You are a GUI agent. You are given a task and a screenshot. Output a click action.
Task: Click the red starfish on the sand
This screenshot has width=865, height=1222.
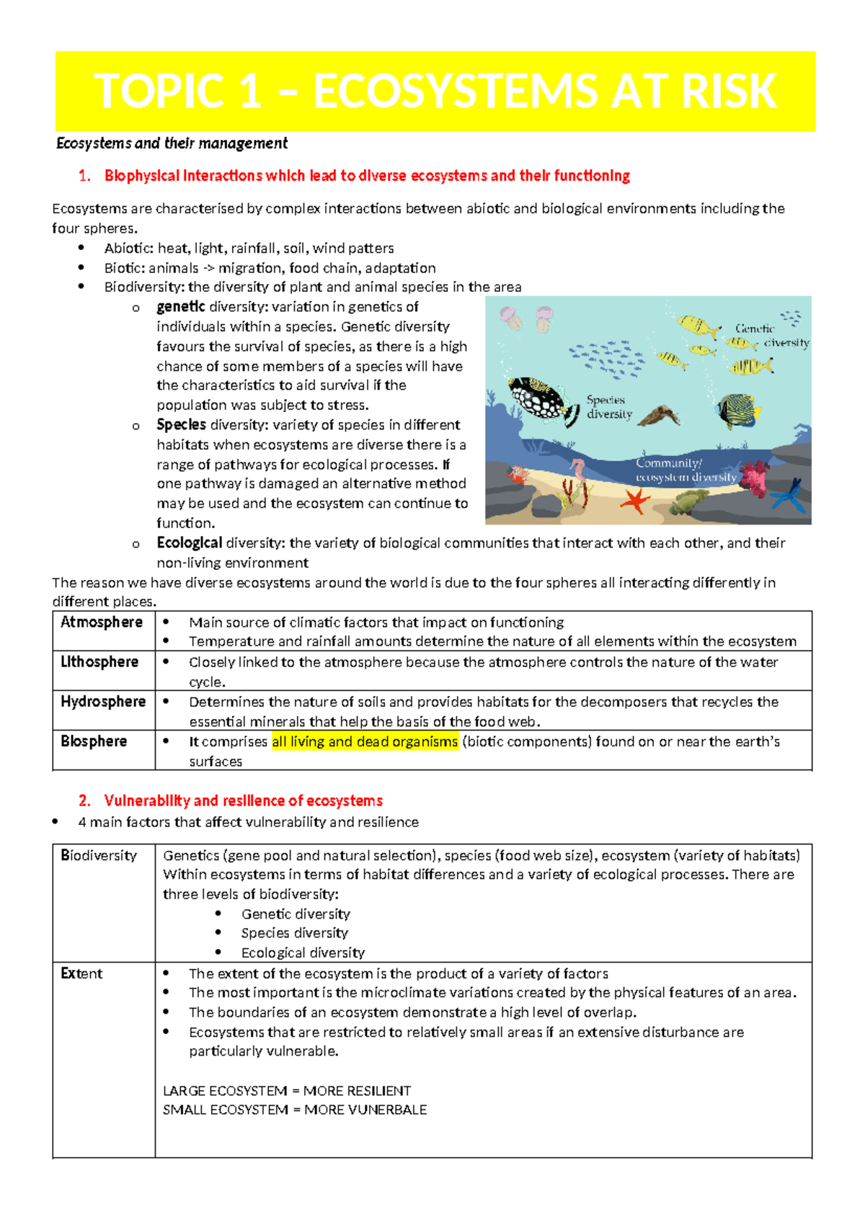point(635,499)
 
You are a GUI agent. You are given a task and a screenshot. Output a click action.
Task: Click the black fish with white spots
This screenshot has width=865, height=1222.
point(542,398)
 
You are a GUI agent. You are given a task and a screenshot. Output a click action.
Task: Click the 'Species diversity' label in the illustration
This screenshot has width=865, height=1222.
point(608,407)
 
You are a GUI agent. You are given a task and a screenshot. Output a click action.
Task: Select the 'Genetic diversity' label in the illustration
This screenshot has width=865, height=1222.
point(770,335)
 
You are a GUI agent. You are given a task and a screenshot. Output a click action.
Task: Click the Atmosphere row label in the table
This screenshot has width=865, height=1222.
point(102,622)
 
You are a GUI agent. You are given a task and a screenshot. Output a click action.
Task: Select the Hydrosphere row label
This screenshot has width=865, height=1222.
point(103,701)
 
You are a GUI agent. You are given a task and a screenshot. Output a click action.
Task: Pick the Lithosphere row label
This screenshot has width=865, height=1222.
point(99,661)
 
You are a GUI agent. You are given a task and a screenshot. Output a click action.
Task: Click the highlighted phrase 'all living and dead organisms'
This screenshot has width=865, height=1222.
point(365,741)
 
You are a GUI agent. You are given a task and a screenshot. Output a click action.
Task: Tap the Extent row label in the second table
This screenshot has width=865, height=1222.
point(81,973)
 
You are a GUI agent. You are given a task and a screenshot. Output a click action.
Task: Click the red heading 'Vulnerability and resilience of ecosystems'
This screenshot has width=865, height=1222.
point(243,800)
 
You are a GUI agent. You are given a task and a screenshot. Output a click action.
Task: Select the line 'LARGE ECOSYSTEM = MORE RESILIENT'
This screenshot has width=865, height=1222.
point(287,1091)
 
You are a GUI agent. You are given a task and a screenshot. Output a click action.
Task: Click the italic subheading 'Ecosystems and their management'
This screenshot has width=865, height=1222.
point(172,143)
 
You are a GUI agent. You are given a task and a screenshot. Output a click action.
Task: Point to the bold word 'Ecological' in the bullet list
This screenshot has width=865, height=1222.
point(189,543)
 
